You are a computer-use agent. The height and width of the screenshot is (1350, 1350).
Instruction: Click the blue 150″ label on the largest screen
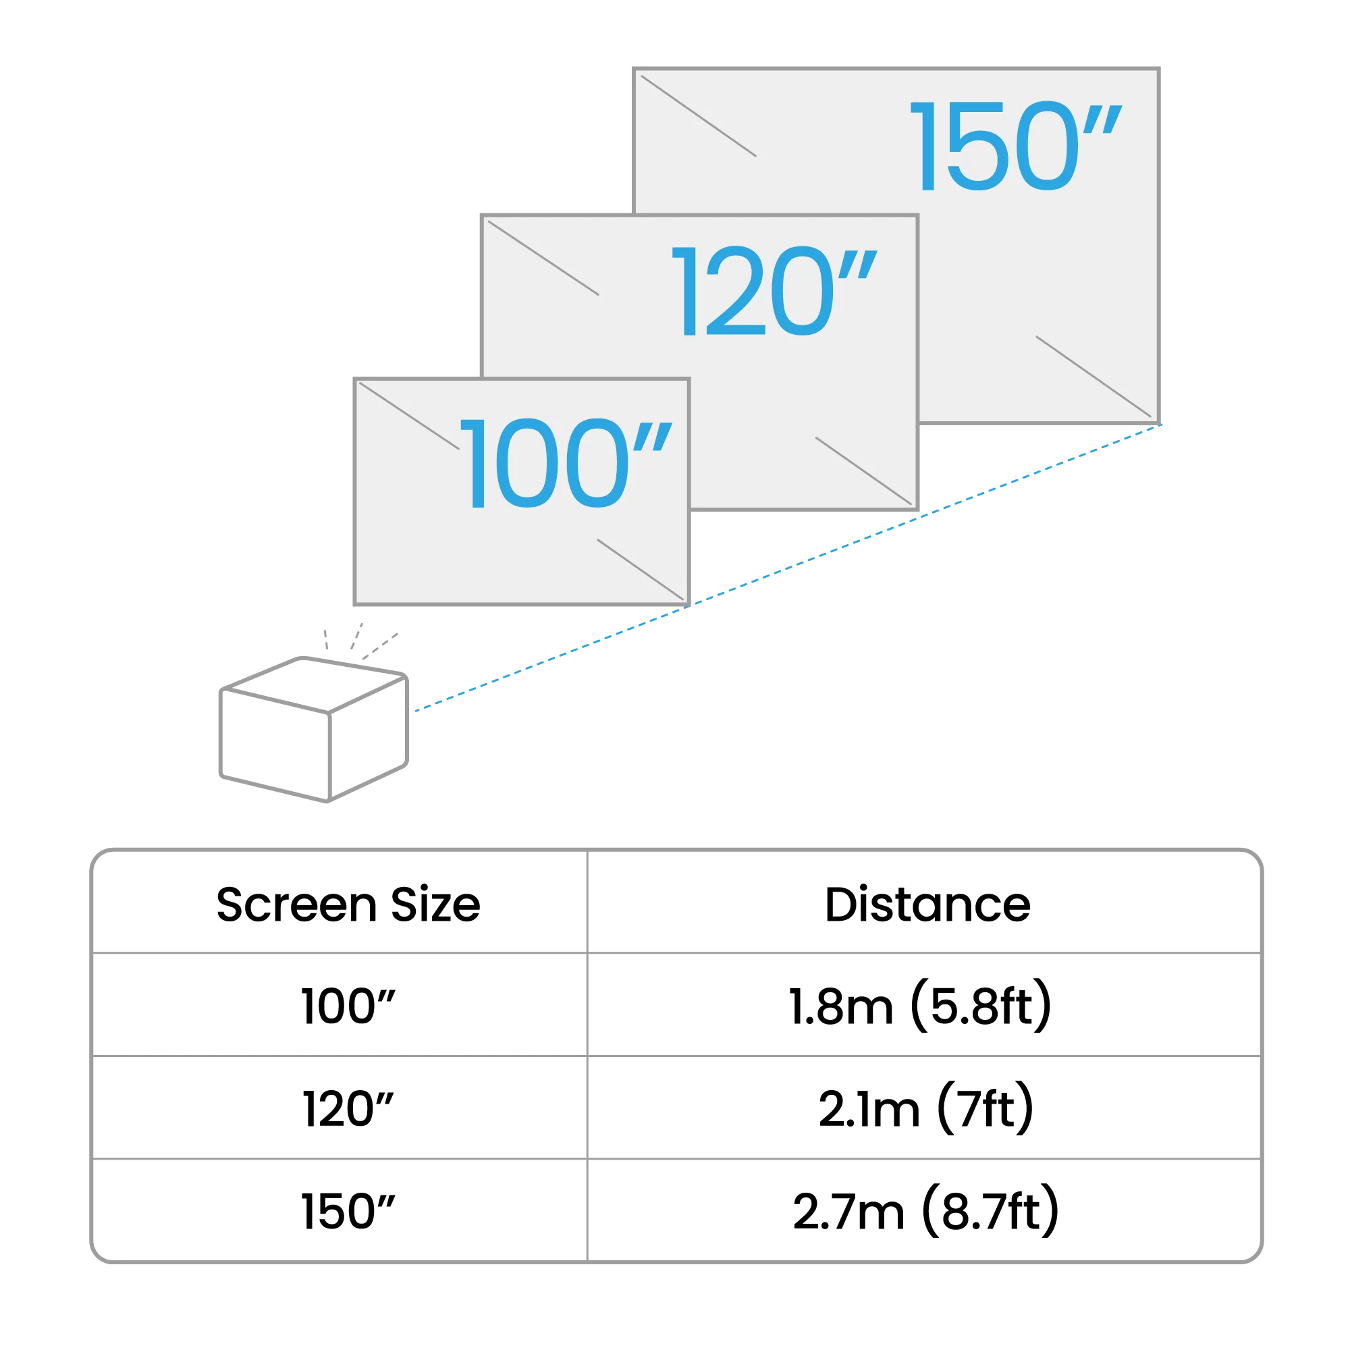pos(1015,145)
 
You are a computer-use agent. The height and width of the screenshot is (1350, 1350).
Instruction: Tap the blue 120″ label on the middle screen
pos(774,292)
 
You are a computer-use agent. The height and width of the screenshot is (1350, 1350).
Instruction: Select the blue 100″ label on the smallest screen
pos(566,463)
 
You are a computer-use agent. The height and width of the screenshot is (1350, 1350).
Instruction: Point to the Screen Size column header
pos(348,905)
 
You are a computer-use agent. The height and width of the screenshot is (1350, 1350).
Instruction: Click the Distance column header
pos(927,905)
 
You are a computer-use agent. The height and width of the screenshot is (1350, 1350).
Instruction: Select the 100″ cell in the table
pos(348,1007)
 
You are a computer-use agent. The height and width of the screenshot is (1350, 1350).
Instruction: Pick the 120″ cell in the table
pos(348,1110)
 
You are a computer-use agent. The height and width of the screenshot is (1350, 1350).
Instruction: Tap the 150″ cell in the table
pos(348,1212)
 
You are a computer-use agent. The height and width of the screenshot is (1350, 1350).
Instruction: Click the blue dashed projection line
pos(788,568)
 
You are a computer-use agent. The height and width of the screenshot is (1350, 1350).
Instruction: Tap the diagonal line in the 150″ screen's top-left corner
pos(699,116)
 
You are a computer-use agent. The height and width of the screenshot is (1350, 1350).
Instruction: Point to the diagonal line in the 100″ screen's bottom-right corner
pos(640,570)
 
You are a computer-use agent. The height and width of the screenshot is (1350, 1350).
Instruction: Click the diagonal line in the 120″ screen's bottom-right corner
pos(864,471)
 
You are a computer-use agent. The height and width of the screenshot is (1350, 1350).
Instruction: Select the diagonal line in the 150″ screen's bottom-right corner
pos(1093,377)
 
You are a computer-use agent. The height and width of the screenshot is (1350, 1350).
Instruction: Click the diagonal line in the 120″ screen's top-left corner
pos(543,258)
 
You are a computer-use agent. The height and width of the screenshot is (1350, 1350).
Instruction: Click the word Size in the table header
pos(435,905)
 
